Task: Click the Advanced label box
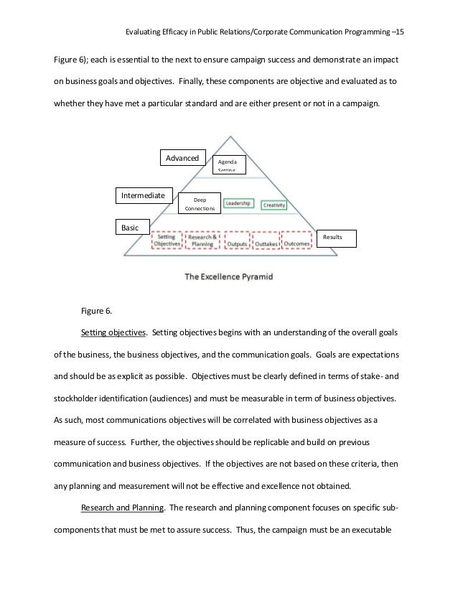(182, 158)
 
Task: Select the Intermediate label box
(143, 195)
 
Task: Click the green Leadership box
(238, 204)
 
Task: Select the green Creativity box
(274, 205)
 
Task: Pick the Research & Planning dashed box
(203, 241)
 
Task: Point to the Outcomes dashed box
(296, 243)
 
